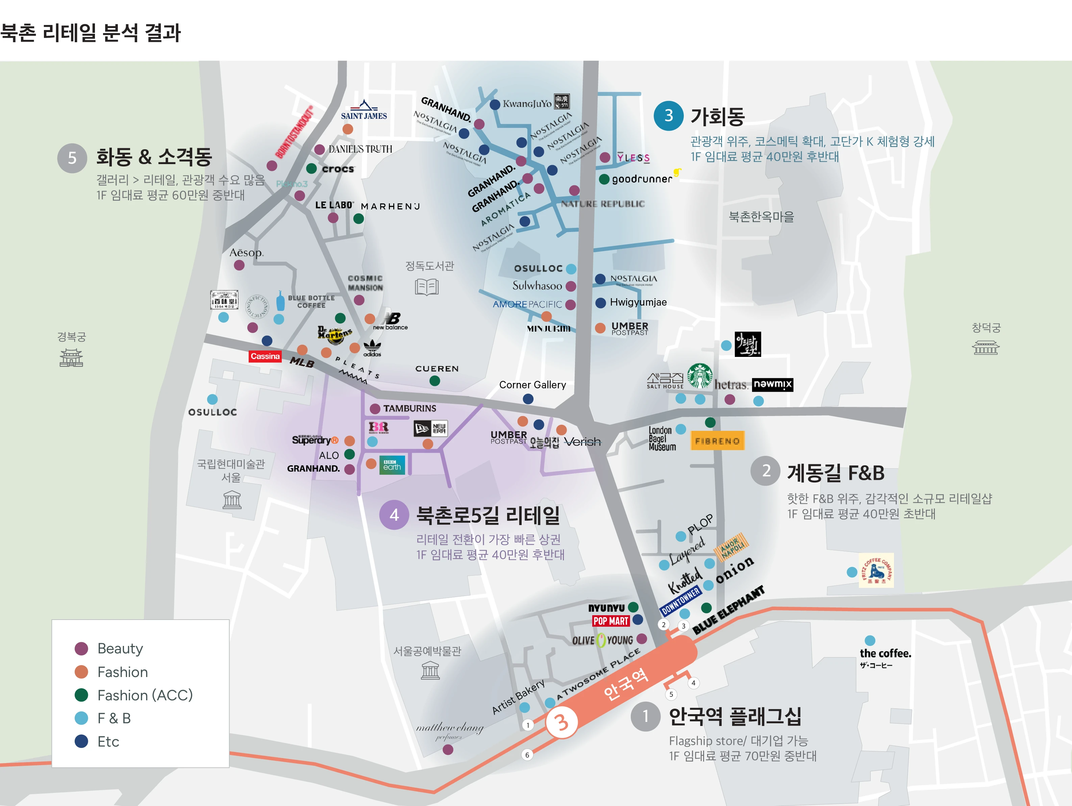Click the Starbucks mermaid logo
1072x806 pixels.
point(700,376)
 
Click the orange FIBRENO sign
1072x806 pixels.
point(717,441)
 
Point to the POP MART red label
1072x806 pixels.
point(610,621)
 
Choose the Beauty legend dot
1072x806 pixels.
point(81,649)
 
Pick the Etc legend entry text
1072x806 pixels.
point(108,742)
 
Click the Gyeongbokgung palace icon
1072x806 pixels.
point(71,358)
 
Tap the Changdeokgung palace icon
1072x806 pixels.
point(986,347)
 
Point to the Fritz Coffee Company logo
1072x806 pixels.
point(876,571)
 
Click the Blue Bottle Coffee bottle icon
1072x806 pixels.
point(280,301)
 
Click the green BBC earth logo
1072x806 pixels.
point(392,465)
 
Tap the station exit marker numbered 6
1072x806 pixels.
point(527,755)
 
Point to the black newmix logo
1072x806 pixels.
point(773,385)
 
